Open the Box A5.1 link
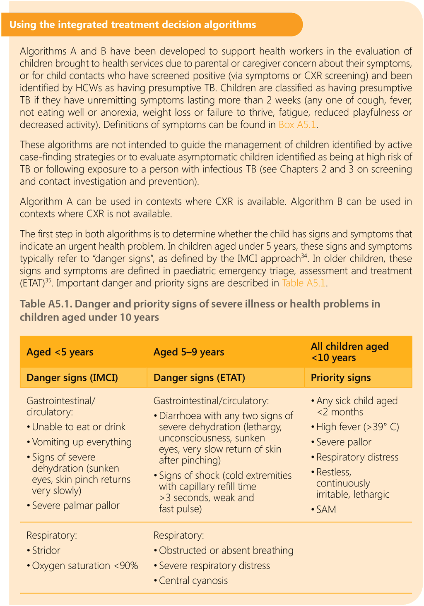[298, 124]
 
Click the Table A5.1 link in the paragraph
[304, 283]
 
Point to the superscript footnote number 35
[48, 281]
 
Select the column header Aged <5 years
[60, 352]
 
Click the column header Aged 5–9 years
[189, 352]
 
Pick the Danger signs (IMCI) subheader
[72, 377]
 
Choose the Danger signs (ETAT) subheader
[199, 377]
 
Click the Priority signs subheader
[341, 377]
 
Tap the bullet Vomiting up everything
[82, 442]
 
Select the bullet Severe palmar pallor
[76, 506]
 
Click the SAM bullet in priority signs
[326, 509]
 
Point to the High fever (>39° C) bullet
[357, 427]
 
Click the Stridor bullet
[46, 551]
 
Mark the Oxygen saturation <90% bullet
[85, 565]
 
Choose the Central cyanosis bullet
[193, 580]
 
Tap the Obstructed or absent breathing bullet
[226, 551]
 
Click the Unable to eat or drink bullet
[79, 427]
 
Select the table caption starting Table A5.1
[200, 310]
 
